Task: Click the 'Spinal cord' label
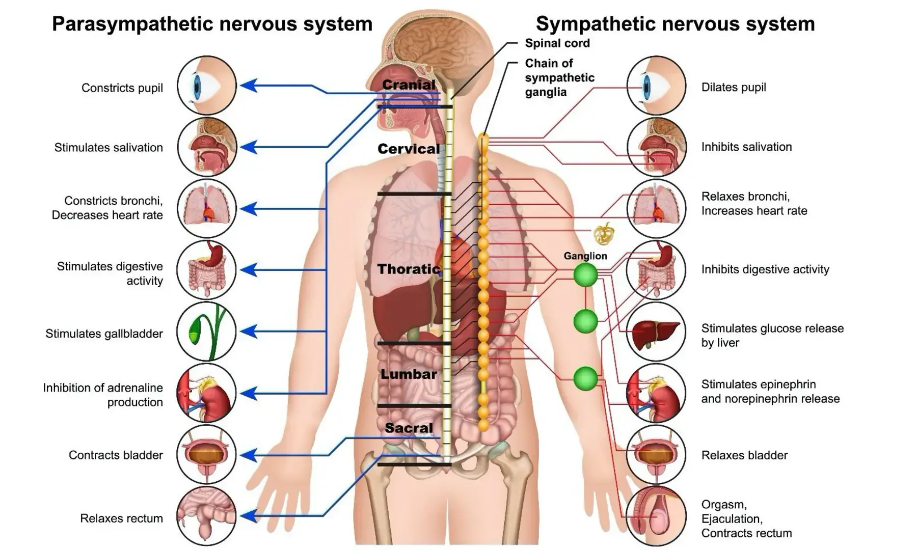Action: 557,43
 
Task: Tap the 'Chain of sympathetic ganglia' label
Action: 559,77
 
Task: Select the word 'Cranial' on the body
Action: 409,85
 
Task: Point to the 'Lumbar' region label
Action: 409,374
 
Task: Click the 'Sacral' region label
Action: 409,428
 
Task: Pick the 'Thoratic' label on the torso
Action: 409,269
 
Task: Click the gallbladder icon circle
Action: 206,332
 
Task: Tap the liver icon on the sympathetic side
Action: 656,332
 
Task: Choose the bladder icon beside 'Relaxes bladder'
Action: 656,454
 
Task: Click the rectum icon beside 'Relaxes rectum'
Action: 206,516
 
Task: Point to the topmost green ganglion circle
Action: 585,275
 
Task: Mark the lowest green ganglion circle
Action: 585,379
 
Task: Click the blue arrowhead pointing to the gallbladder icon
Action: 248,332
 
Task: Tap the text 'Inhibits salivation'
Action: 746,147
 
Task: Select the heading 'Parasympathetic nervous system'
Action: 212,24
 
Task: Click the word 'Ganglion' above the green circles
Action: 585,256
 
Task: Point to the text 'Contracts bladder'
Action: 116,455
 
